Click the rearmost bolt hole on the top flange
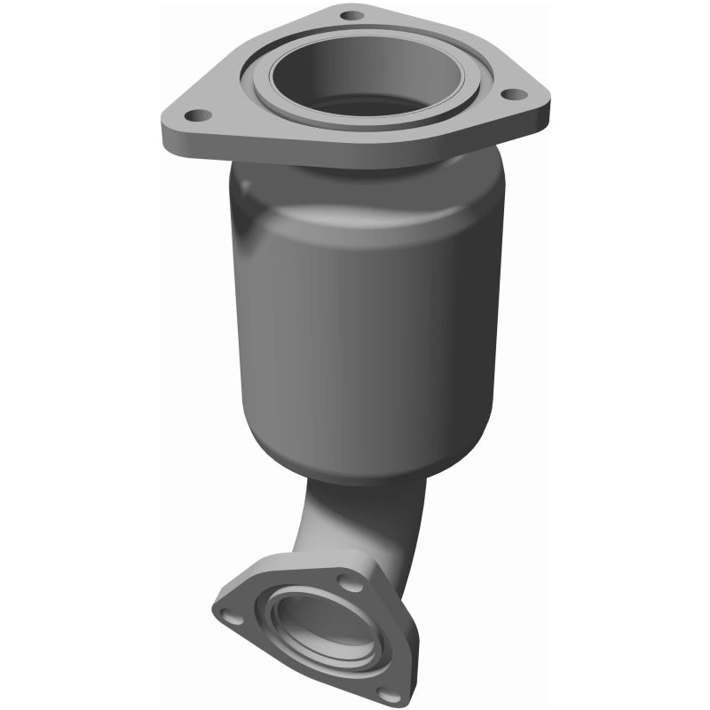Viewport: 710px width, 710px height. coord(352,15)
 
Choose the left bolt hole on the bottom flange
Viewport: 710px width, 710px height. coord(232,615)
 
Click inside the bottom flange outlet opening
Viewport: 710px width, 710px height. coord(324,628)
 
